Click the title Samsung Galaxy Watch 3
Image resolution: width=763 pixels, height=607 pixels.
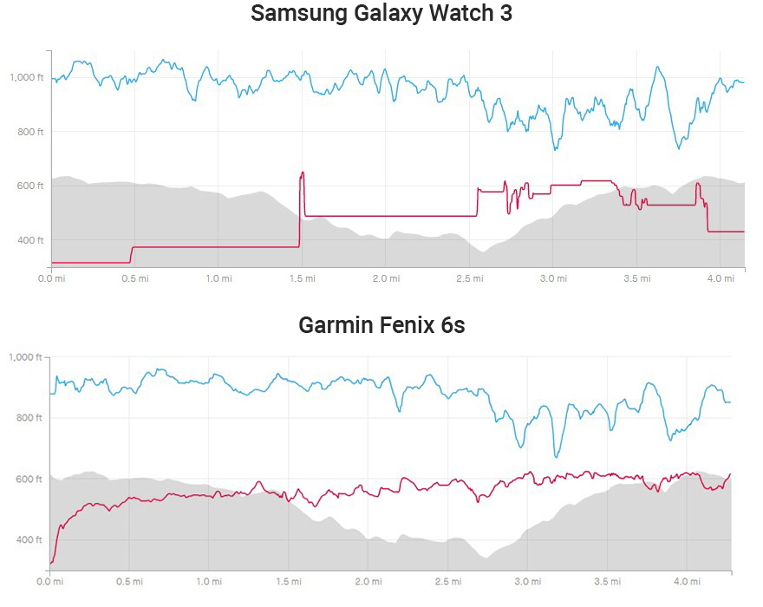[x=381, y=15]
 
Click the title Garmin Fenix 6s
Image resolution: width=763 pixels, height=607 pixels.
[x=381, y=325]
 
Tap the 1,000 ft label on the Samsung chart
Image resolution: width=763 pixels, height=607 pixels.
[x=27, y=77]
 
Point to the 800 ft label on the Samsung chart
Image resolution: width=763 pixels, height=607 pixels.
[x=33, y=132]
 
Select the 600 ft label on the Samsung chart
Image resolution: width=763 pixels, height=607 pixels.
[x=33, y=186]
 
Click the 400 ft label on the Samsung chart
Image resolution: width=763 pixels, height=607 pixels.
[x=33, y=240]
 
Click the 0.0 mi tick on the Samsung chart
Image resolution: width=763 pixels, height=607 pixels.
[x=52, y=278]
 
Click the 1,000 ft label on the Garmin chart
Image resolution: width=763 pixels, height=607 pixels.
[x=27, y=357]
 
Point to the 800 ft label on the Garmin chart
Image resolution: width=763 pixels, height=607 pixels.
[x=33, y=418]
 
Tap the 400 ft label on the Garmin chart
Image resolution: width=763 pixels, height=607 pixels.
[x=33, y=539]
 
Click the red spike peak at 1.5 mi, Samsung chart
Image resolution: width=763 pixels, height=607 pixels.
[x=302, y=173]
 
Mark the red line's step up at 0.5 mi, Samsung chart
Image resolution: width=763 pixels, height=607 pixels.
[x=132, y=254]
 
